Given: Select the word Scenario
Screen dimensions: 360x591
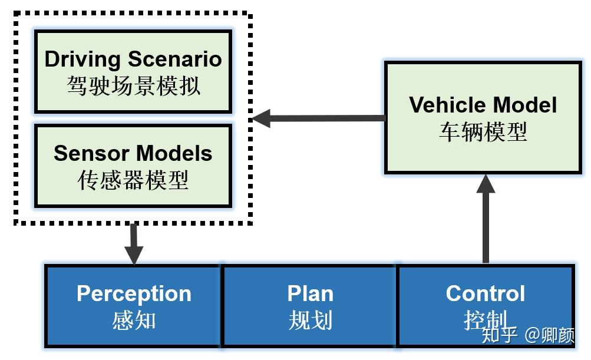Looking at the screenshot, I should [175, 59].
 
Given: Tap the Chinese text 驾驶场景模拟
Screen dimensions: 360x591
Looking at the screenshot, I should [133, 86].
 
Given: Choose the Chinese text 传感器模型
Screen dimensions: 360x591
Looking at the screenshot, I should [133, 180].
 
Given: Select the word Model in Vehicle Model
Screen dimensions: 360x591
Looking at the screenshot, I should [525, 105].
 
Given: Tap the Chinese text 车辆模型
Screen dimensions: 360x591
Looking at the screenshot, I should [483, 132].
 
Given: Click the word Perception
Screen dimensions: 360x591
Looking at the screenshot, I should [134, 293].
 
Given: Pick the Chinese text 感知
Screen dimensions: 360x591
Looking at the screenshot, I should [134, 321].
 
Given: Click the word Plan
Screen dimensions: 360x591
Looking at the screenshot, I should [310, 293].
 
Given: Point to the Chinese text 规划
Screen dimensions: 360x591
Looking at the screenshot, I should [310, 321].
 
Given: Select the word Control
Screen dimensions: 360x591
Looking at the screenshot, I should [485, 293].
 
